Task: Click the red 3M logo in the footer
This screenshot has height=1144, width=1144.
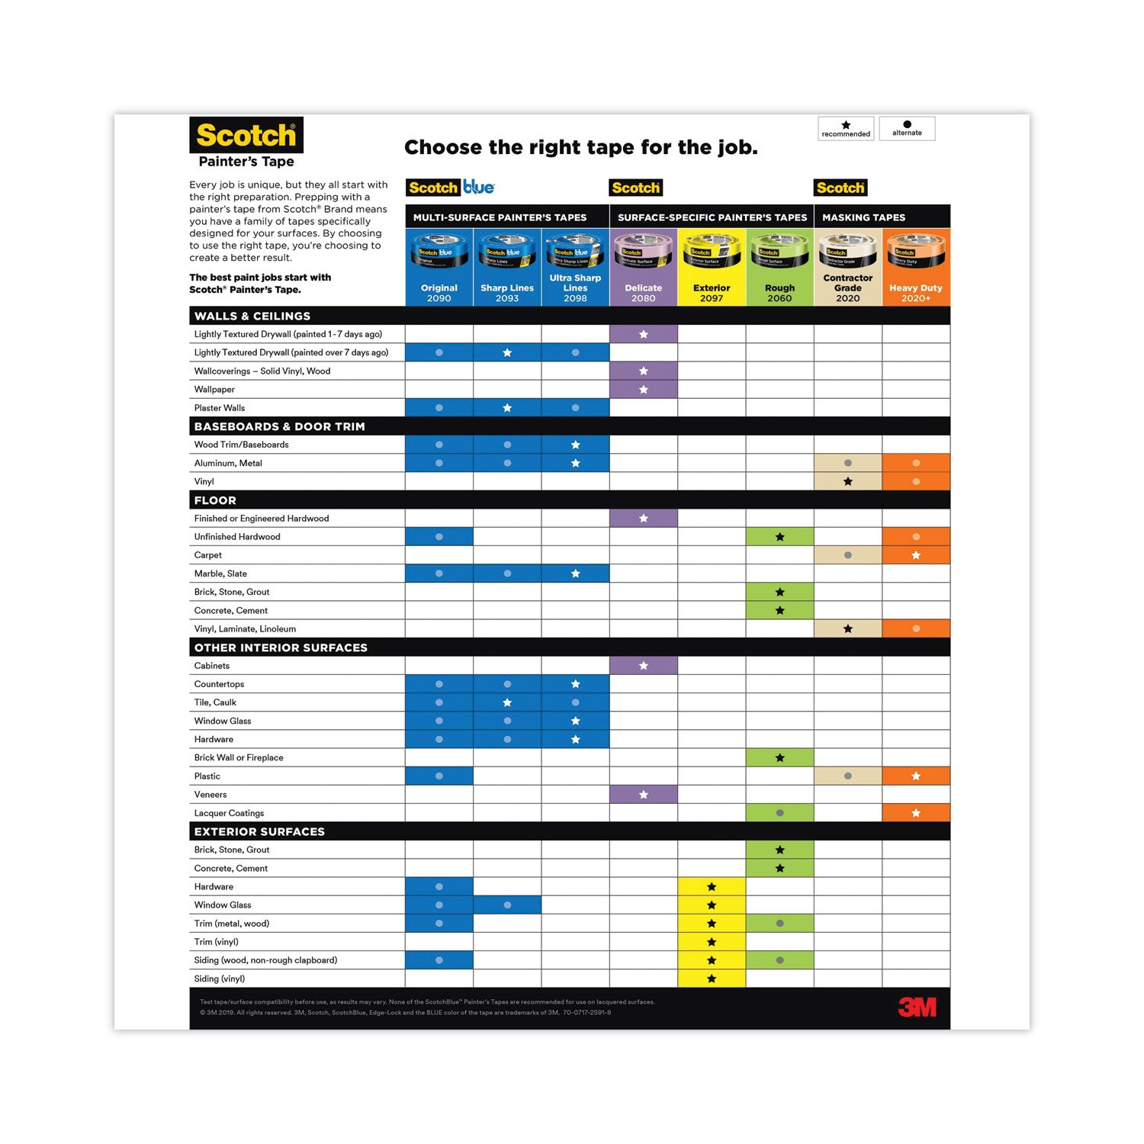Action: coord(917,1007)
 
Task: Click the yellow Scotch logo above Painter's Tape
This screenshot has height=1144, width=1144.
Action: coord(246,136)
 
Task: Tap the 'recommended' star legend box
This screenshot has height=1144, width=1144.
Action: coord(846,129)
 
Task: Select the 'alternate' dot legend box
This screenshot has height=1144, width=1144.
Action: coord(907,128)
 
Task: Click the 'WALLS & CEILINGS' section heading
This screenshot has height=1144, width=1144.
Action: coord(252,316)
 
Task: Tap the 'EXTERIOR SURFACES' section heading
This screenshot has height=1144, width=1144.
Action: coord(259,831)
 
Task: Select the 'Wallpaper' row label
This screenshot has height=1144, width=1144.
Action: coord(214,390)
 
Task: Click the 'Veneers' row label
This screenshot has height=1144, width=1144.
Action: coord(210,795)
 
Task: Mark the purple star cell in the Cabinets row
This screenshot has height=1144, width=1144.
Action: coord(644,666)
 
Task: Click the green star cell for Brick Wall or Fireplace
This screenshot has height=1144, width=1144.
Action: coord(779,757)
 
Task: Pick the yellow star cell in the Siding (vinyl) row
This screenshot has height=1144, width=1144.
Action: coord(712,979)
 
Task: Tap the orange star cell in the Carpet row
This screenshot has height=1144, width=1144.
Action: coord(916,555)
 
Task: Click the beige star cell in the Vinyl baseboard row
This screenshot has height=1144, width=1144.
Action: coord(847,481)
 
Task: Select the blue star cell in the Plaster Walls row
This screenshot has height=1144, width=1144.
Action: coord(507,408)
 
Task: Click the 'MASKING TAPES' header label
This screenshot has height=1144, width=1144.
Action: coord(863,217)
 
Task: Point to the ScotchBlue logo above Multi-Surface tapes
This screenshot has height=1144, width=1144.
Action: coord(451,188)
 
